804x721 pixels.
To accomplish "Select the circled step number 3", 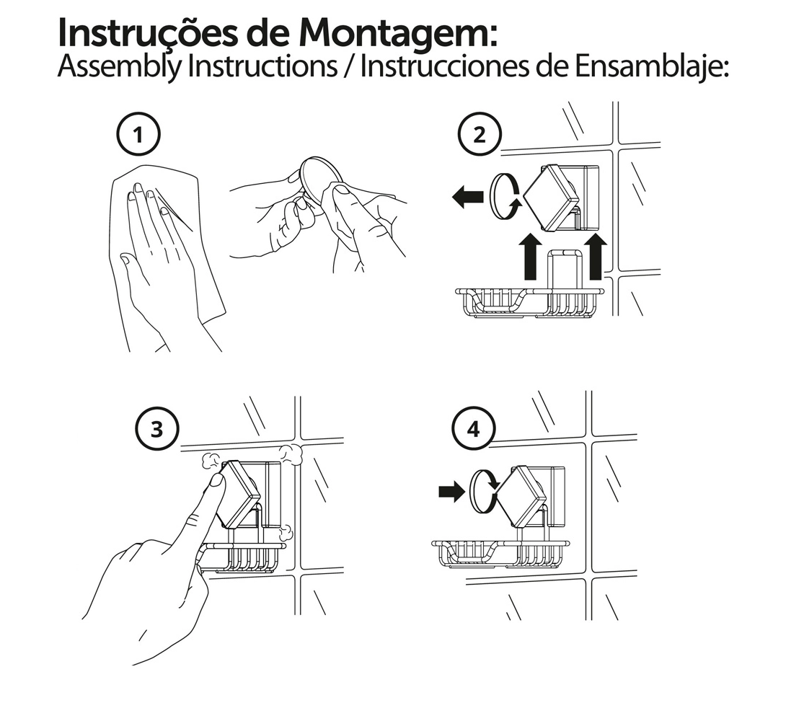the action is [157, 429].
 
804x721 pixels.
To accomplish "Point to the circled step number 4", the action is [474, 429].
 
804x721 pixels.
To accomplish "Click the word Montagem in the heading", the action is [398, 33].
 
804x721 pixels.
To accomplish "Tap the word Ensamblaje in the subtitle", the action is [651, 66].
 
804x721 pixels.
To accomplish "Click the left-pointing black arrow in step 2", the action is [468, 196].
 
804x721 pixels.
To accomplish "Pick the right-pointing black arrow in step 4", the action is [451, 492].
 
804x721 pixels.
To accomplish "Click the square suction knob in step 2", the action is [551, 198].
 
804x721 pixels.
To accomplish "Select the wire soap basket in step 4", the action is [500, 554].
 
